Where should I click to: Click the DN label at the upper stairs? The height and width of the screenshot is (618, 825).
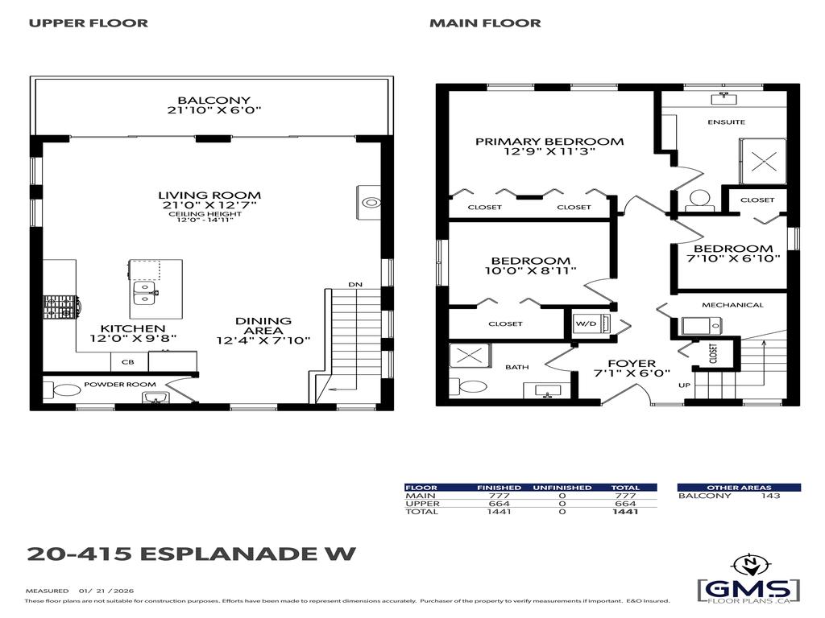[354, 285]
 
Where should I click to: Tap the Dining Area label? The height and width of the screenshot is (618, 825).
[263, 321]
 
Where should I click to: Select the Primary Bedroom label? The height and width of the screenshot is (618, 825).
[549, 142]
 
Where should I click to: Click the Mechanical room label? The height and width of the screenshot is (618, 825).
[732, 305]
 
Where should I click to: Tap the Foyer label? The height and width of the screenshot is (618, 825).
[631, 364]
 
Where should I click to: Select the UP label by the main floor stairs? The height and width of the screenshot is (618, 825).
[684, 385]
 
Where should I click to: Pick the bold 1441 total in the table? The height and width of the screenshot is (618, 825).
[624, 512]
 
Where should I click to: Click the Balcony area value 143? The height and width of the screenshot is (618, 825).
[770, 496]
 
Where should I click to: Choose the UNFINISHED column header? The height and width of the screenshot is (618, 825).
[562, 488]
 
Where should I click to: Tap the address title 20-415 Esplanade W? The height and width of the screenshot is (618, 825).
[191, 554]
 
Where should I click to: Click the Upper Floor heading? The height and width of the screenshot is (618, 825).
[88, 23]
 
